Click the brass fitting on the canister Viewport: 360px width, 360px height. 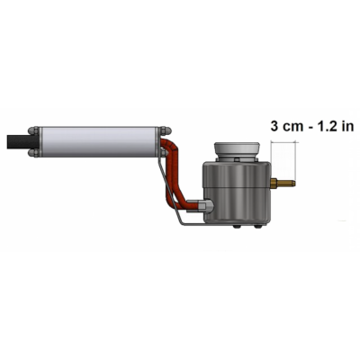[x=283, y=183]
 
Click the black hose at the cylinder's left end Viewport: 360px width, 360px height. [x=18, y=142]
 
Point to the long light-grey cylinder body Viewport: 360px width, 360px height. [x=99, y=142]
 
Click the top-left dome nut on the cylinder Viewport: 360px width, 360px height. [x=33, y=130]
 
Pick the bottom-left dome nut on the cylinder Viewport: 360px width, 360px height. [x=33, y=153]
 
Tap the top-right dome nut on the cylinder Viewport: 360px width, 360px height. [x=166, y=130]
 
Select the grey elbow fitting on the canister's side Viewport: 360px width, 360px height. [x=204, y=206]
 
